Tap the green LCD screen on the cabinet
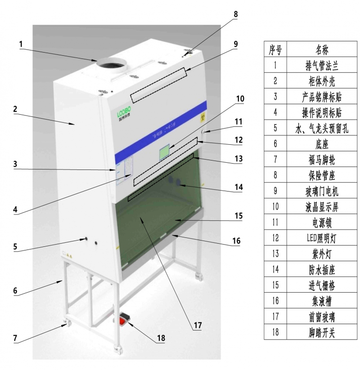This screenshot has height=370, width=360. pos(165,153)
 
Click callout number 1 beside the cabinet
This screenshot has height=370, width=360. pos(21,44)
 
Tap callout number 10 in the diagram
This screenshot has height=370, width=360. pos(240,98)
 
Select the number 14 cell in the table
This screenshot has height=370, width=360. pos(275,269)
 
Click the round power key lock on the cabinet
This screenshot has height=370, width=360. pos(203,132)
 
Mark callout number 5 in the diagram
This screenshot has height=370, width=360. pos(15,246)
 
